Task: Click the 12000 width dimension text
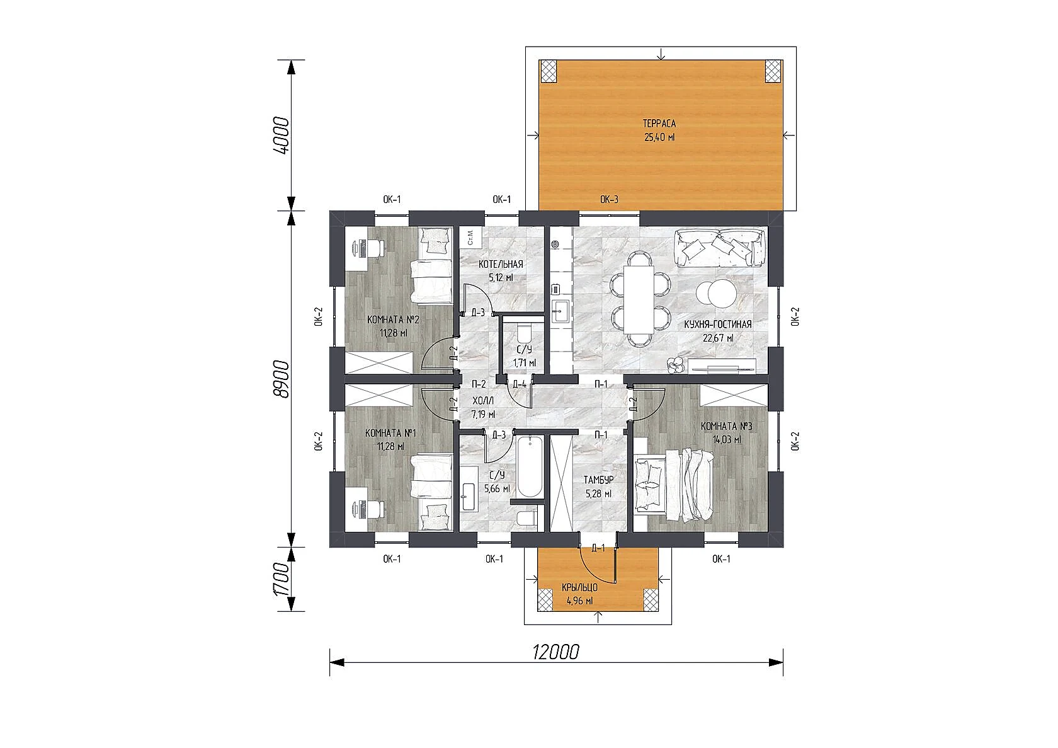tap(555, 652)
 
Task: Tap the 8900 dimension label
tap(283, 379)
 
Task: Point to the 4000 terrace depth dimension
tap(283, 135)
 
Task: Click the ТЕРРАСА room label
tap(659, 124)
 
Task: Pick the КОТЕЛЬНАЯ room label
tap(501, 264)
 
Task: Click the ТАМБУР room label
tap(598, 480)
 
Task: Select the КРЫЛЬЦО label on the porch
tap(579, 588)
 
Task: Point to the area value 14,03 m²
tap(727, 439)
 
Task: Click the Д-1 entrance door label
tap(598, 548)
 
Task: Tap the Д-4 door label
tap(519, 384)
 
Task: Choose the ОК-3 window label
tap(609, 199)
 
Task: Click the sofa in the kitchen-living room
tap(719, 248)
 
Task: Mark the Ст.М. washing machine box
tap(470, 237)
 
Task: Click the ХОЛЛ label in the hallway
tap(483, 401)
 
